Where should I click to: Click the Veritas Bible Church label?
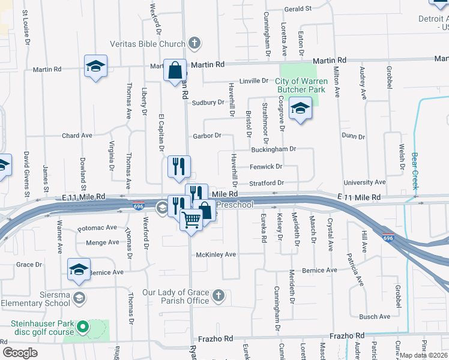tap(146, 43)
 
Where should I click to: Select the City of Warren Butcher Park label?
tap(300, 85)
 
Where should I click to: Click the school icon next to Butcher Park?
tap(300, 109)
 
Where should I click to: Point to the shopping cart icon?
tap(191, 221)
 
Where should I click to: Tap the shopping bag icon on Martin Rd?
tap(175, 70)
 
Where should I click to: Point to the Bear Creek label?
tap(415, 171)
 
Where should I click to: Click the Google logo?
tap(20, 352)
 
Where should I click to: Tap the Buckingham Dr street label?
tap(274, 149)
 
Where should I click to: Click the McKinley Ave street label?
tap(217, 254)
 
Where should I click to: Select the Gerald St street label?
tap(298, 9)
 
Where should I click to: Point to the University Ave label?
tap(364, 182)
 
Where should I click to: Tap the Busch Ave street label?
tap(375, 317)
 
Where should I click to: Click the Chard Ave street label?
tap(77, 136)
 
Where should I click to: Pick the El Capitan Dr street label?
tap(161, 132)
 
